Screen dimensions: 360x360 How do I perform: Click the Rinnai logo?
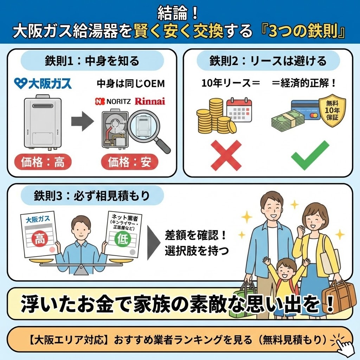(150, 101)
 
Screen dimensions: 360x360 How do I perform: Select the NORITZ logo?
(113, 102)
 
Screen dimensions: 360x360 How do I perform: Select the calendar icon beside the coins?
(239, 110)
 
